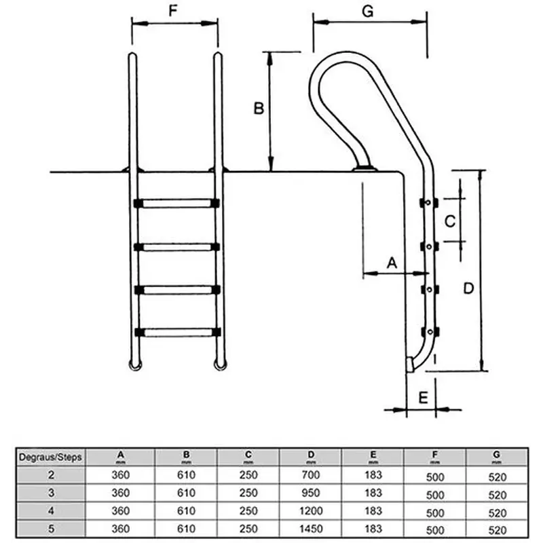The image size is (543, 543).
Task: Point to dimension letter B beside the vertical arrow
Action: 258,108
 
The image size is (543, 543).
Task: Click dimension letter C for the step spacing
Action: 449,221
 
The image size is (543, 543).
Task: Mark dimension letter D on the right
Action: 468,288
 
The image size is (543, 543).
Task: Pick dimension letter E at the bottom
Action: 422,397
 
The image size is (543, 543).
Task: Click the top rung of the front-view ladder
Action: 176,203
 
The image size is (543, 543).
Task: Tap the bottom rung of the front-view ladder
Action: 176,333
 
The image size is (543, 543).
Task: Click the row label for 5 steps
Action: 51,528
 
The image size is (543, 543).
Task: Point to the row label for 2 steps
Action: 51,475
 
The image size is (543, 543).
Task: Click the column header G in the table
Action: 497,455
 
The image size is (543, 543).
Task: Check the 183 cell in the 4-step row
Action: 373,510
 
